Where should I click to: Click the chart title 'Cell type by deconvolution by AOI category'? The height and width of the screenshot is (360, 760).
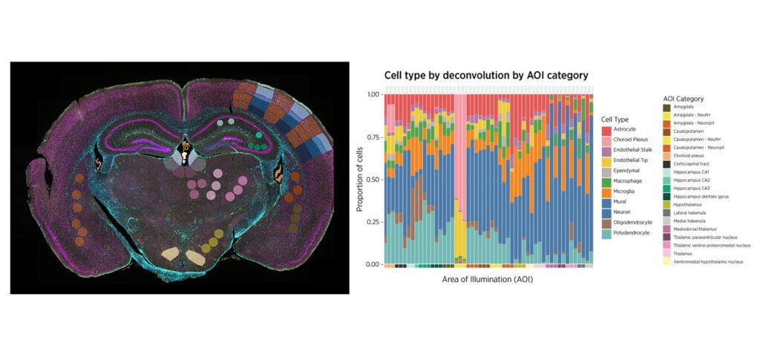485,75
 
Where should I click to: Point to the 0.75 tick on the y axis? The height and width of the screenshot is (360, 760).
373,137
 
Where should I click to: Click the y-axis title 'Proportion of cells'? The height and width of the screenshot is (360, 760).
360,179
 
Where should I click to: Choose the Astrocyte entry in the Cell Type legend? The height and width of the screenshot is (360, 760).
625,131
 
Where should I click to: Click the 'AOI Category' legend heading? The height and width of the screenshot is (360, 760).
683,99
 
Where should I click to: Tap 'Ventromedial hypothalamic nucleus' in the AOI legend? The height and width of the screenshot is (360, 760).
712,261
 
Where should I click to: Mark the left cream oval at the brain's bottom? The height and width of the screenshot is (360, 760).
169,255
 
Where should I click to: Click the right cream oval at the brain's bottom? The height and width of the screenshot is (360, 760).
195,258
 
